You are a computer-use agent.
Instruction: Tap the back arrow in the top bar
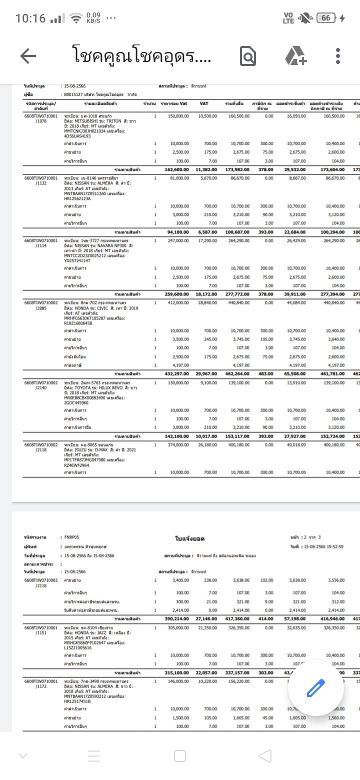[28, 56]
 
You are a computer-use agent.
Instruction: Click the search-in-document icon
[248, 56]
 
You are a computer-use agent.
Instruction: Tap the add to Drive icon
[295, 56]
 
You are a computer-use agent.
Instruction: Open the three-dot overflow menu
[338, 56]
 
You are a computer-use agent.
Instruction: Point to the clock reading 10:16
[30, 18]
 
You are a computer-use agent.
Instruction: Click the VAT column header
[204, 103]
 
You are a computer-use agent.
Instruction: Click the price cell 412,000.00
[178, 302]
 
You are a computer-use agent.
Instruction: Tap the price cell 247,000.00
[178, 240]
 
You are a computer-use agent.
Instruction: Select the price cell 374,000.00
[178, 444]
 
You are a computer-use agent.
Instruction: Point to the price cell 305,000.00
[178, 627]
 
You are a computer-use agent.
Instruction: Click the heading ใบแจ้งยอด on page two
[190, 538]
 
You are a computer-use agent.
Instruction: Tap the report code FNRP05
[72, 537]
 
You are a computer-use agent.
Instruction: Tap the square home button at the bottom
[180, 755]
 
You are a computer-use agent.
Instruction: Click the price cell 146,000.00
[178, 681]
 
